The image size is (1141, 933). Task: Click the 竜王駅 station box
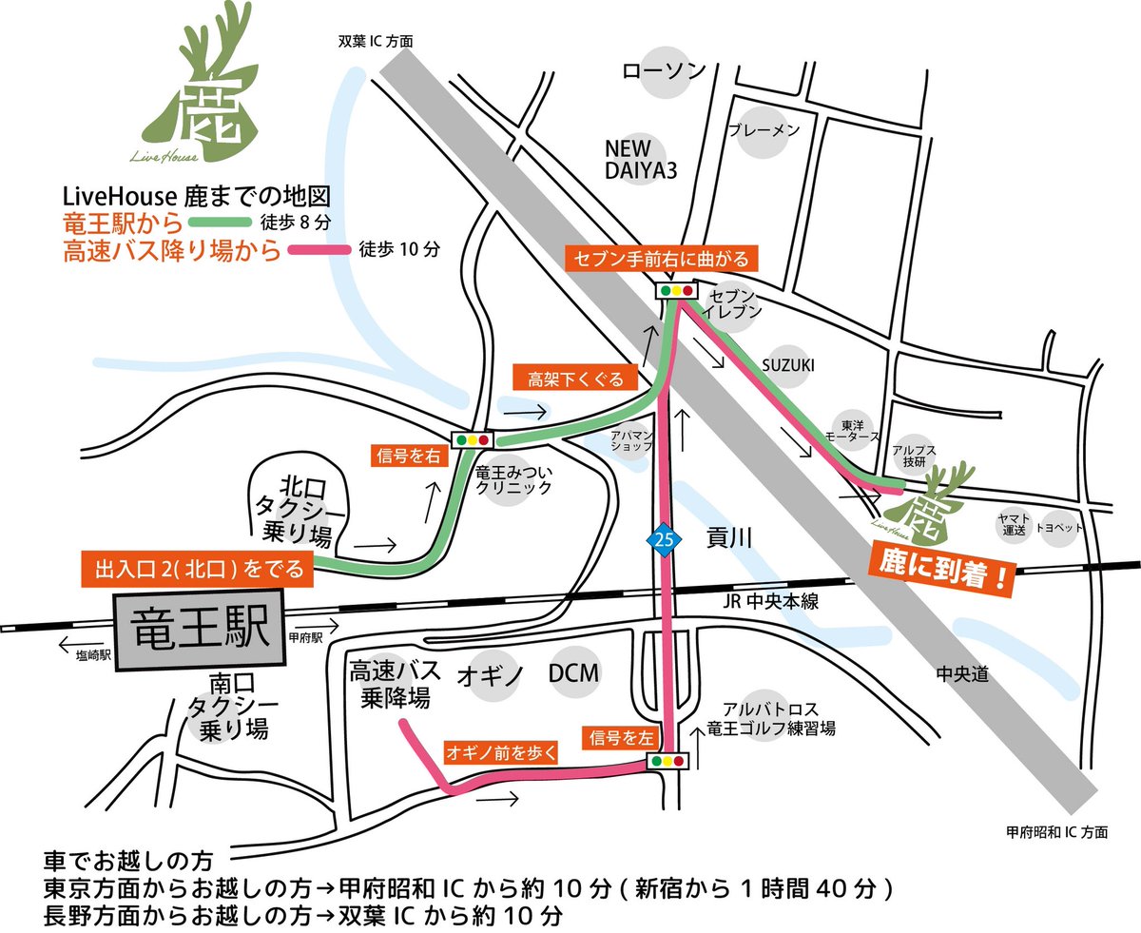[198, 630]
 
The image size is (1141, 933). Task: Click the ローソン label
[664, 71]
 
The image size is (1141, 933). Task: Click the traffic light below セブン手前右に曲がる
[676, 290]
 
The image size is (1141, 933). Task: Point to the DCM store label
[574, 673]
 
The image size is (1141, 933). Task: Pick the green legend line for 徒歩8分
[220, 225]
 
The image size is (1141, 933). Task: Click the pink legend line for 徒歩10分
[319, 251]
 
